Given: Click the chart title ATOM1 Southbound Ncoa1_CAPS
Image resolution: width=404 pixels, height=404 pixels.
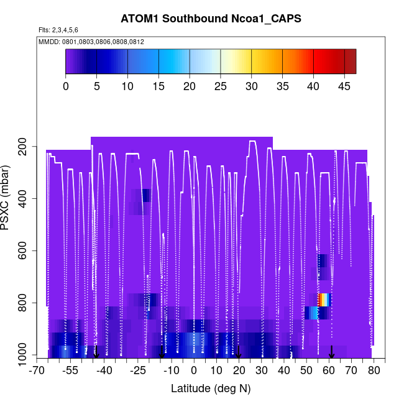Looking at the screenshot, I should point(211,19).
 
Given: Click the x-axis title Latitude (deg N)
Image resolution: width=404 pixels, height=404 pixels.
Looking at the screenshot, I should point(211,388).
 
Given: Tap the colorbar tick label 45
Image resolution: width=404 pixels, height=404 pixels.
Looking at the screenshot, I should point(344,86).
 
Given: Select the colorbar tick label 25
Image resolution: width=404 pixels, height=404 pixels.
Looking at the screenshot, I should point(221,86).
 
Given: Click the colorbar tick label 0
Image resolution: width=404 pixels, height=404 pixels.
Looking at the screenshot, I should point(66,86).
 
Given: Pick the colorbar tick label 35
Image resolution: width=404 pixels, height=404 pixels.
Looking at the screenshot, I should point(283,86).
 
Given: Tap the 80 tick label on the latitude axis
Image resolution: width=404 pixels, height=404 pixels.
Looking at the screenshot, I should point(374,371).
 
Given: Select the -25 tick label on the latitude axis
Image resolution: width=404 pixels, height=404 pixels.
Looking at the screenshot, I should point(138,371).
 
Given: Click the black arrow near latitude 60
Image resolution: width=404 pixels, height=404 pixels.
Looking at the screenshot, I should point(332,352).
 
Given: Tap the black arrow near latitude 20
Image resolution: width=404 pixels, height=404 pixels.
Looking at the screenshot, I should point(238,352).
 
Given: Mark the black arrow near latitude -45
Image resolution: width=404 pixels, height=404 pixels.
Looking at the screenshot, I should point(96,352).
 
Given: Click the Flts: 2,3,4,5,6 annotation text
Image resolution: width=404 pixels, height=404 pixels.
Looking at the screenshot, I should point(58,30).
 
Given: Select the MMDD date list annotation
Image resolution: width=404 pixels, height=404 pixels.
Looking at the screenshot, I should point(91,42).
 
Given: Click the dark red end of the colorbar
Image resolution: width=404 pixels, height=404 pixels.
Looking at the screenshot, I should point(351,61).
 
